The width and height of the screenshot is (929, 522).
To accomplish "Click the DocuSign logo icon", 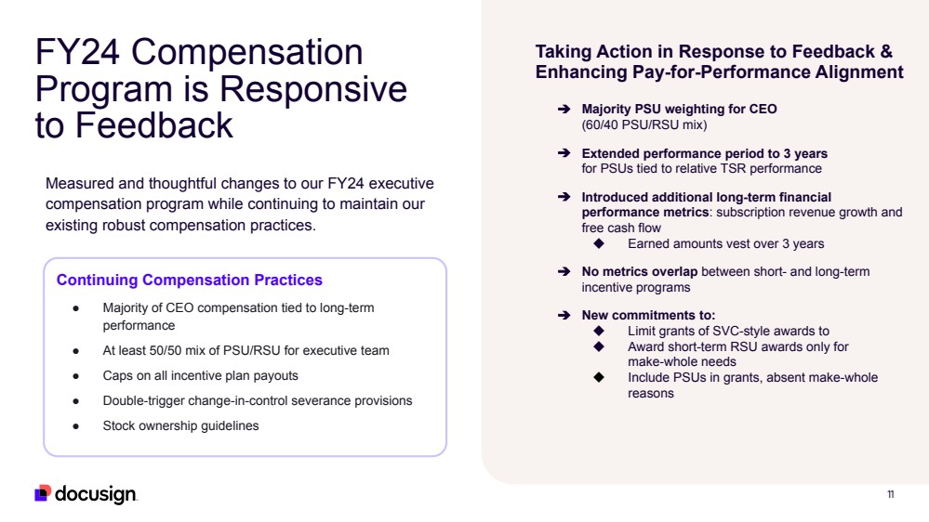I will (x=43, y=493).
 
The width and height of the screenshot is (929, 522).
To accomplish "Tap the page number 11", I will (x=890, y=494).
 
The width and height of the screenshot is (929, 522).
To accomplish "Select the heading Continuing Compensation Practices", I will (x=190, y=280).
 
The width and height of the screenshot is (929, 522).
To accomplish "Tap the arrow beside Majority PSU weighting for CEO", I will (x=563, y=110).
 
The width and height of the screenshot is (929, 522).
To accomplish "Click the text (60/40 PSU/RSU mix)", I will (x=644, y=124).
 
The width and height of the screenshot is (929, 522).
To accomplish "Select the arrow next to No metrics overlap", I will (x=563, y=272).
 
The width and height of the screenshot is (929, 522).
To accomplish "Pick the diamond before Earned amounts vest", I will (x=599, y=243).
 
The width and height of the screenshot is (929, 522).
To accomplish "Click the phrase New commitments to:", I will (x=648, y=316).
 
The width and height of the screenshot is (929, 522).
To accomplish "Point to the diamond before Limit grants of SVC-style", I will (x=599, y=331).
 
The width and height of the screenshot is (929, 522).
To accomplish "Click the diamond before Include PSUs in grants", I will (x=599, y=377).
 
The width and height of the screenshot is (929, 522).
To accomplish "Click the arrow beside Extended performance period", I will (x=563, y=153).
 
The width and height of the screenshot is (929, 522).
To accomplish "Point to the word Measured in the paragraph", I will (x=82, y=184).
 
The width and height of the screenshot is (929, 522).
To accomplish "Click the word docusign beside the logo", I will (x=96, y=494).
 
